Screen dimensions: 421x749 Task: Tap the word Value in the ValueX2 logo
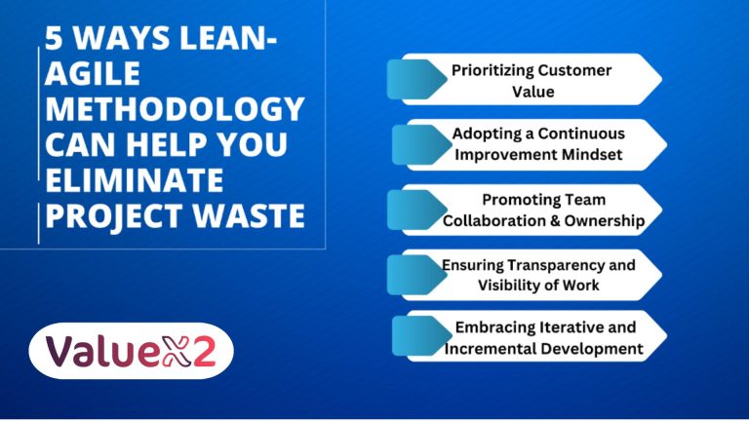click(101, 350)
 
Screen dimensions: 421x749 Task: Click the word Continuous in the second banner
click(585, 133)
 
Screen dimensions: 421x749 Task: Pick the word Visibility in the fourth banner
click(529, 285)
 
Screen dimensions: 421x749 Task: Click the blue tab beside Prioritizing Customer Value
click(411, 79)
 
